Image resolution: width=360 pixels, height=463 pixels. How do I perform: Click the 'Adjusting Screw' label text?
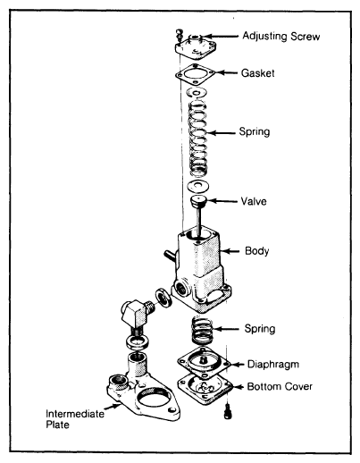(281, 37)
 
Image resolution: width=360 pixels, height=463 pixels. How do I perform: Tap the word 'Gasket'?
(258, 73)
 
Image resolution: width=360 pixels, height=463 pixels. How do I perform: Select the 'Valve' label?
(254, 201)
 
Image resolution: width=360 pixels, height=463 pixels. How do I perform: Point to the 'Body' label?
(256, 251)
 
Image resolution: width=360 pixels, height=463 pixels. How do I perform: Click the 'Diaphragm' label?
(273, 365)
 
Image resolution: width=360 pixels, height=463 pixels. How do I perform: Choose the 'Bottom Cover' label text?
(280, 386)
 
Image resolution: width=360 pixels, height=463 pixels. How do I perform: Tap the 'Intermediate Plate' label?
(75, 419)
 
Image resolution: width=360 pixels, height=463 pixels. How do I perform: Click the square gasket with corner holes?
(196, 73)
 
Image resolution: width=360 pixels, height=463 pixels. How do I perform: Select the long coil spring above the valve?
(197, 138)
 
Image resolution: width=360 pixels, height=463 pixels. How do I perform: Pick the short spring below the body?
(202, 330)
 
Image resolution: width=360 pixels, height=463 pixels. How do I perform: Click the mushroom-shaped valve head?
(198, 202)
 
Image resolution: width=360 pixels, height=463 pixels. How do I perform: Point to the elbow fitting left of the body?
(137, 316)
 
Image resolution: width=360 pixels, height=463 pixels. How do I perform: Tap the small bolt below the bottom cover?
(228, 411)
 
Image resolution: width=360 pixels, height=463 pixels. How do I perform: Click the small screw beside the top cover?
(179, 35)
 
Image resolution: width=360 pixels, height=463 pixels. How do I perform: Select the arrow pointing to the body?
(230, 251)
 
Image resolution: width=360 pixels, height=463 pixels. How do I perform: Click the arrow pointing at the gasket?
(227, 72)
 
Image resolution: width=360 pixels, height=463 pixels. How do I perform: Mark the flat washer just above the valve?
(197, 186)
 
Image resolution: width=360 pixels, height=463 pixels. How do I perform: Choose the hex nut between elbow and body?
(163, 297)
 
